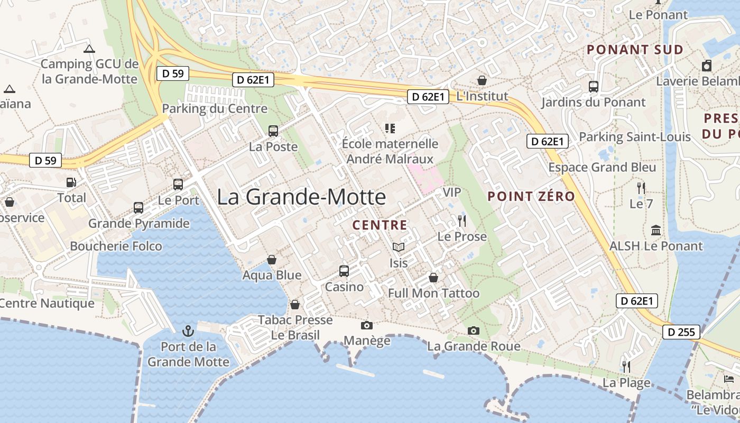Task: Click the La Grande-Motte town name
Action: [x=301, y=197]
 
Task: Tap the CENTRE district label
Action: [x=380, y=225]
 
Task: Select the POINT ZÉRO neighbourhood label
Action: [x=531, y=197]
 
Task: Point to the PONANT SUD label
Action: [x=635, y=50]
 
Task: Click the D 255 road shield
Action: [x=681, y=332]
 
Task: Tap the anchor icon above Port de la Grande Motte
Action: [x=188, y=331]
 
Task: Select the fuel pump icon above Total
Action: [x=71, y=182]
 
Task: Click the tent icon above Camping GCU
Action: [x=89, y=49]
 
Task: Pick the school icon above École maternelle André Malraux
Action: [x=390, y=128]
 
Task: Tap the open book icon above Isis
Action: [x=398, y=247]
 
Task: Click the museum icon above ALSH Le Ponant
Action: [x=656, y=230]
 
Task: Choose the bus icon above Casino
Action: [x=344, y=271]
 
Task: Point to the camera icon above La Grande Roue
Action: [x=474, y=331]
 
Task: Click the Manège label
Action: [x=367, y=340]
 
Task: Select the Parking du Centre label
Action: [x=215, y=109]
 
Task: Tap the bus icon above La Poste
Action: [x=273, y=131]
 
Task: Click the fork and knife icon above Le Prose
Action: [x=462, y=220]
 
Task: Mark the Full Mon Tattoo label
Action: [x=433, y=293]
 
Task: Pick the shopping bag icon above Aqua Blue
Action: [x=272, y=260]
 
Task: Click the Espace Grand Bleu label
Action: [x=602, y=168]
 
